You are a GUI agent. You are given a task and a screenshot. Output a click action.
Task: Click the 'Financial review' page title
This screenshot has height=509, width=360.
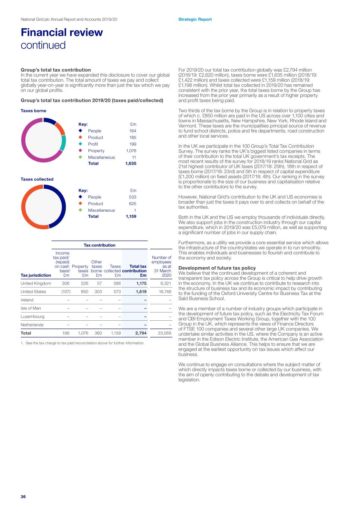(62, 32)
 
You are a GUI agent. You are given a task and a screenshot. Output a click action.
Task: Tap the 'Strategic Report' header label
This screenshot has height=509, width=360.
(195, 19)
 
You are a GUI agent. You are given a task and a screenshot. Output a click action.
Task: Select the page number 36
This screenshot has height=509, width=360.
(23, 497)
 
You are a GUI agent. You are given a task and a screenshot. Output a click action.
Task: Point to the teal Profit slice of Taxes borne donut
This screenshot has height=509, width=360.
(63, 143)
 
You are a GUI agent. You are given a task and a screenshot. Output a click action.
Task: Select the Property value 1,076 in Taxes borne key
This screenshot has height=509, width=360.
(131, 151)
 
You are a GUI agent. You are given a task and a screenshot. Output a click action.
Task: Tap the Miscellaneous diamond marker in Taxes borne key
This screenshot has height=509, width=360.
(80, 157)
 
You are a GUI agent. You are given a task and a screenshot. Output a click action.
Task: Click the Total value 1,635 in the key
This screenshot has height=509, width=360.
(131, 163)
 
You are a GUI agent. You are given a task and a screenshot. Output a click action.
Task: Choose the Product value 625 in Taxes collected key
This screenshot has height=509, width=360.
(132, 204)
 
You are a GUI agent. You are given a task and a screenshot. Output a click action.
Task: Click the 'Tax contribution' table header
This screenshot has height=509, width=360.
(99, 245)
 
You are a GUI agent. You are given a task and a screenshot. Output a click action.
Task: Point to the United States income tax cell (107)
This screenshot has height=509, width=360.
(66, 292)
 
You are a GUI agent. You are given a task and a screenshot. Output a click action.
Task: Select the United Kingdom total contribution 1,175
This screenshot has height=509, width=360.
(141, 283)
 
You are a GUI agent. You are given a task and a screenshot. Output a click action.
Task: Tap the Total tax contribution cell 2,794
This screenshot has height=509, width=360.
(141, 333)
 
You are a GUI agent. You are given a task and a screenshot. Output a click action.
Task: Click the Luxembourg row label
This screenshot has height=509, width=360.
(32, 317)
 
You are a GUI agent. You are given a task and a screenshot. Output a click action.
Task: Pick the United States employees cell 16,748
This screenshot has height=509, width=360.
(165, 292)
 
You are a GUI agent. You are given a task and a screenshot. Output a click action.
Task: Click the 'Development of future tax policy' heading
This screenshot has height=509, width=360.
(217, 268)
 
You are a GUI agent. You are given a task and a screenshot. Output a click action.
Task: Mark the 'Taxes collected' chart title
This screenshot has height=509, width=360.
(37, 179)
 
